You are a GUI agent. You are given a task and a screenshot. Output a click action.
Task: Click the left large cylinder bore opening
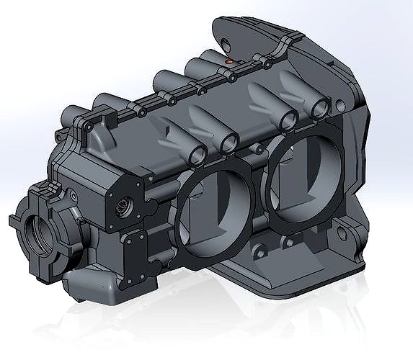pos(210,216)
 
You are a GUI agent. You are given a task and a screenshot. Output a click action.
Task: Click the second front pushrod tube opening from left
pos(229,143)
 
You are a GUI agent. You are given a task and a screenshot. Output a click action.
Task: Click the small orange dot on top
pos(230,62)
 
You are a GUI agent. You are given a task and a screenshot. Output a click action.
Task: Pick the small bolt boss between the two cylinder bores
pos(254,149)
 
